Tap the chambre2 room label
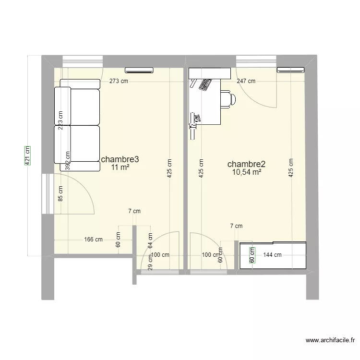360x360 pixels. coord(247,164)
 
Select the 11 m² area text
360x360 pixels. coord(120,168)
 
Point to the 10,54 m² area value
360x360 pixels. coord(247,172)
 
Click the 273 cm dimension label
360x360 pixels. coord(119,81)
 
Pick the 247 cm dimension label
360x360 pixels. coord(246,81)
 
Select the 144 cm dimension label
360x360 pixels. coord(272,255)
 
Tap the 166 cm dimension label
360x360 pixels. coord(93,239)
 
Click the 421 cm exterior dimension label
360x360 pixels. coord(27,156)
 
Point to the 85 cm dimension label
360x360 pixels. coord(60,193)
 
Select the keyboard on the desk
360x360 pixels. coord(205,85)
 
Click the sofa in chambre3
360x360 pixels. coord(77,129)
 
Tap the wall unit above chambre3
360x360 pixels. coord(139,70)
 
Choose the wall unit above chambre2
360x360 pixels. coord(291,70)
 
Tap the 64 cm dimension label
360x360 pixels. coord(150,240)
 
